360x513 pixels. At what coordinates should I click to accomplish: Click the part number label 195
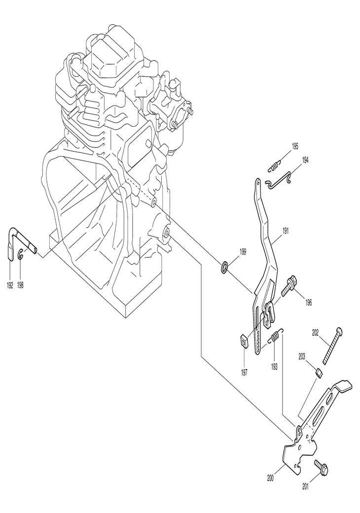[295, 146]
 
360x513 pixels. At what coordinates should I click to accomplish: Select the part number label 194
[306, 161]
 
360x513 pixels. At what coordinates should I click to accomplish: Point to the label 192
[10, 285]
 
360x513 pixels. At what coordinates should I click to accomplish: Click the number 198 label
[21, 285]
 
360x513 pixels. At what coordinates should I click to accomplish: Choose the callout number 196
[308, 302]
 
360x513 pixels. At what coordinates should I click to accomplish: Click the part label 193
[274, 366]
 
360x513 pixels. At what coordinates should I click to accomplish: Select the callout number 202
[316, 333]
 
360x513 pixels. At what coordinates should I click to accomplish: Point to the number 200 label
[271, 477]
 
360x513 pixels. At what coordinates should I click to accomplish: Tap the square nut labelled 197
[243, 341]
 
